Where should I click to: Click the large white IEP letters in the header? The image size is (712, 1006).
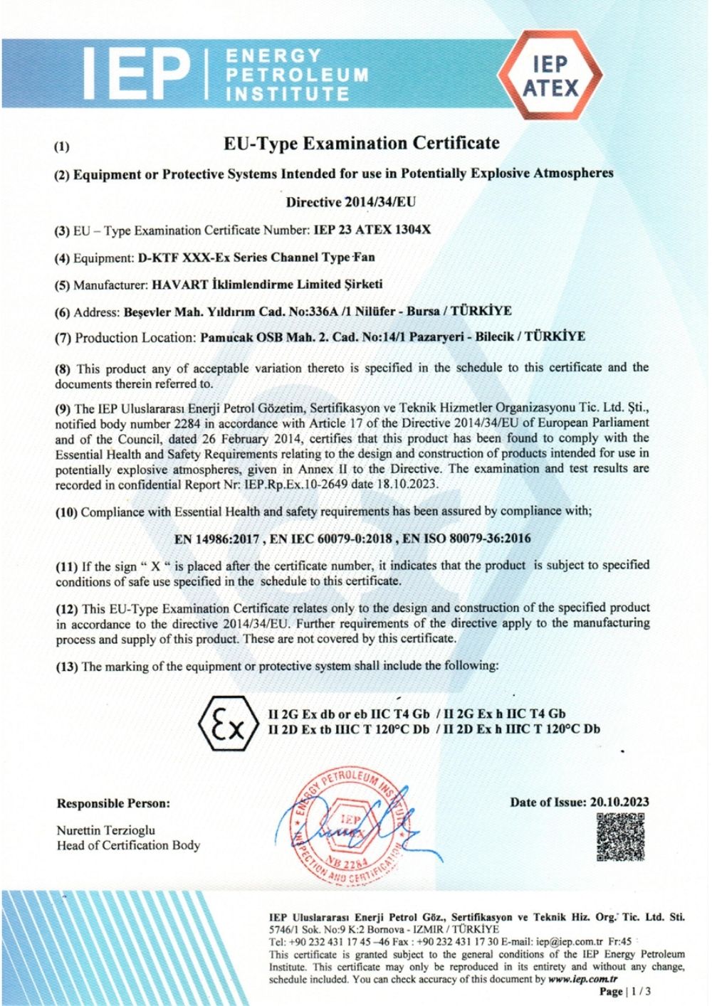click(x=139, y=73)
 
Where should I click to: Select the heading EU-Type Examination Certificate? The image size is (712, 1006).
click(x=362, y=144)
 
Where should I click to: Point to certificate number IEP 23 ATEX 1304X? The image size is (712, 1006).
click(x=372, y=231)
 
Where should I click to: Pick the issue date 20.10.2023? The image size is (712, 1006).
click(x=619, y=803)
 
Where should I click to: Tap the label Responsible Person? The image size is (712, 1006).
click(x=113, y=804)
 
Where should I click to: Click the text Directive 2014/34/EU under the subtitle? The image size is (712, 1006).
click(x=351, y=202)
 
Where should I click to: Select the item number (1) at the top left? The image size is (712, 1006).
click(x=63, y=147)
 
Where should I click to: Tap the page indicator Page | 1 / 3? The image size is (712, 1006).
click(x=625, y=991)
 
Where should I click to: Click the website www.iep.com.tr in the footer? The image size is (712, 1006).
click(x=582, y=980)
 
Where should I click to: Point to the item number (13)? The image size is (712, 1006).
click(x=68, y=667)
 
